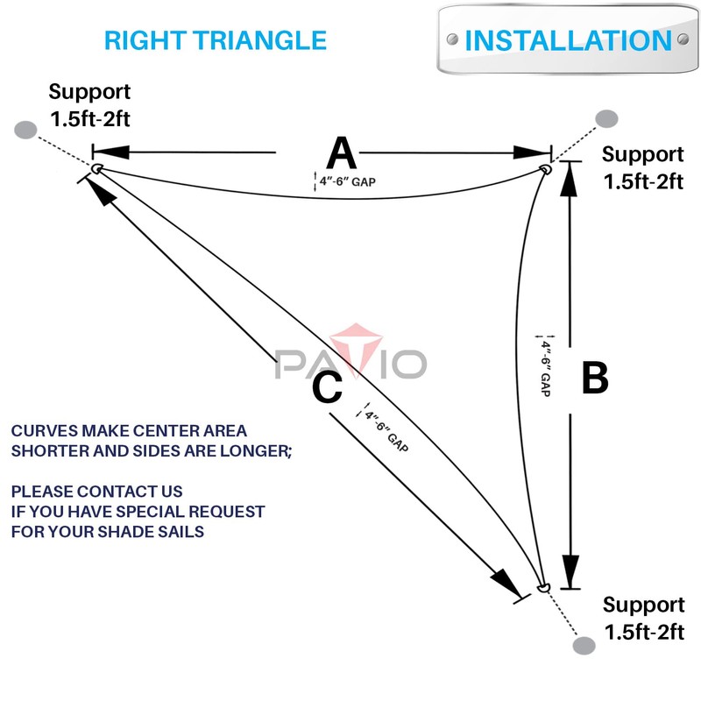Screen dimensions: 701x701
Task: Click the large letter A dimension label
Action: (342, 152)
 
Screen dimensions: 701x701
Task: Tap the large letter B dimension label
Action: (595, 378)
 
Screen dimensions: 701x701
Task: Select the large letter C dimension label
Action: (328, 387)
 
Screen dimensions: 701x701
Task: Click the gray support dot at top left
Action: (25, 130)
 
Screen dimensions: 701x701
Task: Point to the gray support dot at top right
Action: (606, 119)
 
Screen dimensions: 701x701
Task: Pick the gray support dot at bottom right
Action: (584, 646)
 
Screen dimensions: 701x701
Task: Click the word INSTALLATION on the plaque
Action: (568, 40)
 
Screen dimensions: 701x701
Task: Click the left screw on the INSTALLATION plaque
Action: (452, 39)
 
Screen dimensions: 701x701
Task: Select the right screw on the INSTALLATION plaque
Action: (683, 39)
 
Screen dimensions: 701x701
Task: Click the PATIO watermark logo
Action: (351, 353)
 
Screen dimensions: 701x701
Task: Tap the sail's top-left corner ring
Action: (97, 168)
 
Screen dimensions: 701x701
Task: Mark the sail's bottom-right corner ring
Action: (543, 587)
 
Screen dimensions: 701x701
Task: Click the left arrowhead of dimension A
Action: (112, 152)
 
